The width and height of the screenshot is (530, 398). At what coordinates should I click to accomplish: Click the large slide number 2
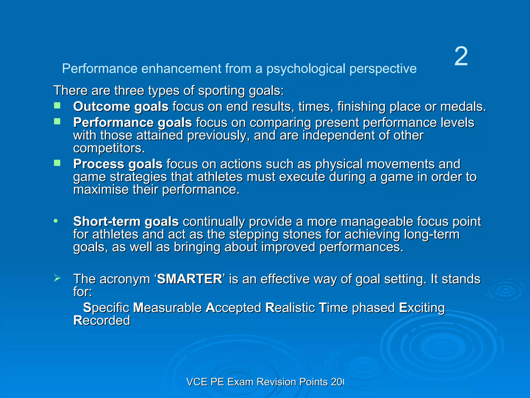click(x=461, y=56)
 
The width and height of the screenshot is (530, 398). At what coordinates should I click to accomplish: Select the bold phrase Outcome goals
click(x=121, y=106)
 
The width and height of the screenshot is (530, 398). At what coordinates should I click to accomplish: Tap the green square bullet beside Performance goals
click(x=57, y=122)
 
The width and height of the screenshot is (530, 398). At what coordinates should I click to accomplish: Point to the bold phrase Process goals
click(x=118, y=164)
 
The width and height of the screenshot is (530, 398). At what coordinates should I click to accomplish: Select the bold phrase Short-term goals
click(x=126, y=222)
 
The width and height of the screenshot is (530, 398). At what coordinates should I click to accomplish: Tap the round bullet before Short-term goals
click(x=56, y=221)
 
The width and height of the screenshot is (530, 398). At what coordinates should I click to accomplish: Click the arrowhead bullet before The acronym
click(x=57, y=278)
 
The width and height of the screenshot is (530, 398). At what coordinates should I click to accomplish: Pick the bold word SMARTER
click(x=189, y=279)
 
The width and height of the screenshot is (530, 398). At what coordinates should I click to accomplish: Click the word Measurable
click(x=167, y=308)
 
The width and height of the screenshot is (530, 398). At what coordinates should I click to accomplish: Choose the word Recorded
click(x=101, y=321)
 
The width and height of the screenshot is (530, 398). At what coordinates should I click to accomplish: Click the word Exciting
click(x=422, y=308)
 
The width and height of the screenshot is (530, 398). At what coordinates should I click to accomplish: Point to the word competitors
click(x=109, y=148)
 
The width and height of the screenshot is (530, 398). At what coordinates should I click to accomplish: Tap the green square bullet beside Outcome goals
click(x=57, y=105)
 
